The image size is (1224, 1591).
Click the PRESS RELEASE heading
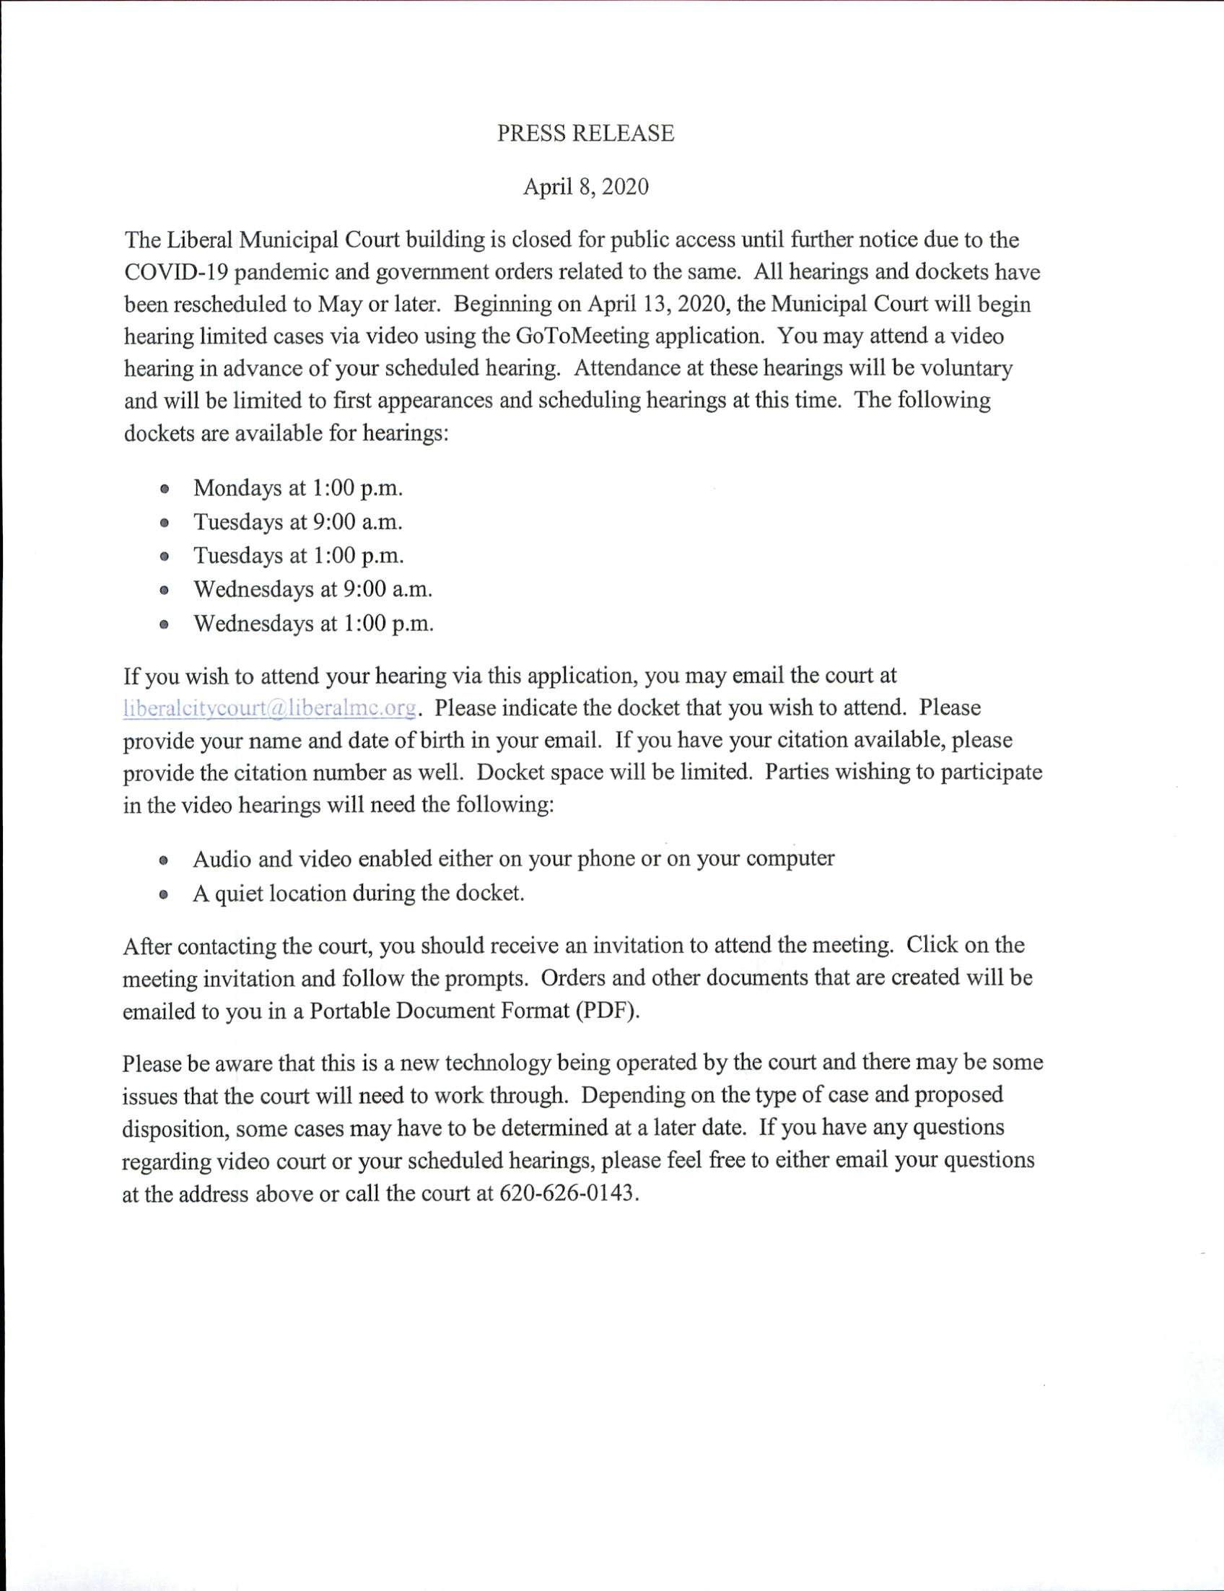[x=585, y=134]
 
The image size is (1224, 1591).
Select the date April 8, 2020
[x=585, y=187]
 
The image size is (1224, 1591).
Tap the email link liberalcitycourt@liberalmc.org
[x=270, y=708]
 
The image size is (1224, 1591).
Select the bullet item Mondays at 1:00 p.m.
[x=298, y=488]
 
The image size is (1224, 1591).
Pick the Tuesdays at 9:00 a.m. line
[x=298, y=522]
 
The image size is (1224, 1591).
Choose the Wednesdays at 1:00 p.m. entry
[x=313, y=624]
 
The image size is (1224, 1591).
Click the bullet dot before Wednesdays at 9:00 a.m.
[x=165, y=590]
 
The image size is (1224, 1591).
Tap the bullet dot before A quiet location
[x=165, y=894]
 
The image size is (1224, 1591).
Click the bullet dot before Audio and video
[x=165, y=860]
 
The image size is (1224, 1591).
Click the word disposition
[x=175, y=1128]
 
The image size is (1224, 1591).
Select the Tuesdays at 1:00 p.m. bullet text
[x=299, y=556]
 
